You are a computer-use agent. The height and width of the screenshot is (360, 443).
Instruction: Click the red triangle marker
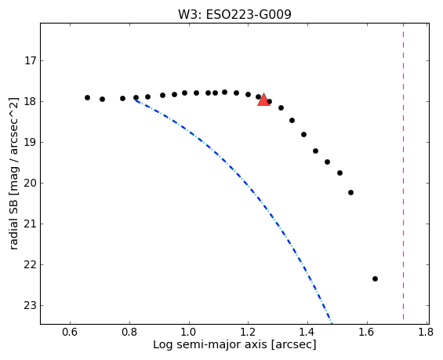263,100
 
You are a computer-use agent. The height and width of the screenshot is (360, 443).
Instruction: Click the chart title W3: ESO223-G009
234,14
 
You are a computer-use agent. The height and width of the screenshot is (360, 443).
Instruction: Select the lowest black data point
375,278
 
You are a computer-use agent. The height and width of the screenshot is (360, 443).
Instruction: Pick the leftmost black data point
87,97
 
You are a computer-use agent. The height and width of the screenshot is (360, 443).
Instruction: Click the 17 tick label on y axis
31,60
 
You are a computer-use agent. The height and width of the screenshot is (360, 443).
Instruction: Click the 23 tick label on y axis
31,305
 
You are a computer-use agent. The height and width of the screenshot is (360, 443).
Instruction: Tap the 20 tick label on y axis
31,183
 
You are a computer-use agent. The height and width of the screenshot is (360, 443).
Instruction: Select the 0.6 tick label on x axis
70,332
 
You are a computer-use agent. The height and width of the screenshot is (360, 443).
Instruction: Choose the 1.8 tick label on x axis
426,332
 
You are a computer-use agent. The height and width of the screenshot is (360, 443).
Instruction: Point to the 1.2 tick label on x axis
248,332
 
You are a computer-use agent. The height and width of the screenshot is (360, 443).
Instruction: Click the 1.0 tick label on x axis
188,332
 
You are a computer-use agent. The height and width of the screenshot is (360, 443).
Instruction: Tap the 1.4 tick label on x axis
307,332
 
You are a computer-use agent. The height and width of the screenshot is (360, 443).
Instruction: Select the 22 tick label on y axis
31,265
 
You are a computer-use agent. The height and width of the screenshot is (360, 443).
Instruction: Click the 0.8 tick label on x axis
129,332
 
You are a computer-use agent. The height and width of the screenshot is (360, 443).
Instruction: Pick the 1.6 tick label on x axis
367,332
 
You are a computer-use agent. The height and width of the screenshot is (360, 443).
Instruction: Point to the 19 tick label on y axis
31,143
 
